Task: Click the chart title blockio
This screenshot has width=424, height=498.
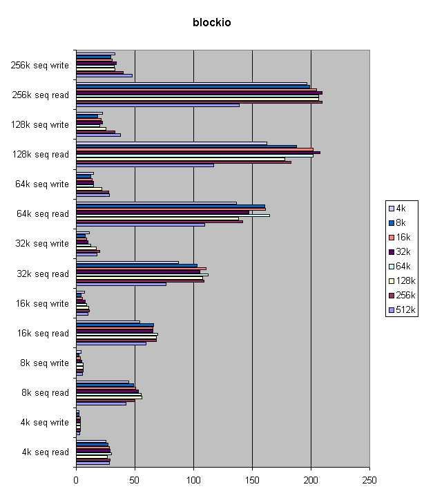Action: [x=211, y=23]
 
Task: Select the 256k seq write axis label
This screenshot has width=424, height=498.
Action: [x=39, y=66]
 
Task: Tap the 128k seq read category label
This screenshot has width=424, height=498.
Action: [x=41, y=155]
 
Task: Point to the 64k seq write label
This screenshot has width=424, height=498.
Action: [x=42, y=184]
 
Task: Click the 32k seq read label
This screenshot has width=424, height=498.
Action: [x=42, y=274]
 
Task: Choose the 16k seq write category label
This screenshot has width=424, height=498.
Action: [x=42, y=304]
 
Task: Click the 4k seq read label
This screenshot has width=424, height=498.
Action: [x=45, y=452]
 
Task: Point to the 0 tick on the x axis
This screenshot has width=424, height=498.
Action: [x=76, y=477]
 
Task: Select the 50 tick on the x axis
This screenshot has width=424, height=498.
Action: [x=135, y=477]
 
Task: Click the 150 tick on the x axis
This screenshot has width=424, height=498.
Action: [x=252, y=477]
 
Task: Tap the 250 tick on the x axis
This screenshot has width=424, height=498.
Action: [x=369, y=477]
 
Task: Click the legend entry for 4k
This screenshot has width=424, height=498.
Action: [x=399, y=208]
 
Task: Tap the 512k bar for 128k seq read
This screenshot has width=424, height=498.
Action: [x=144, y=164]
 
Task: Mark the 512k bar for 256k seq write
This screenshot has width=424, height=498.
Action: [x=104, y=75]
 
